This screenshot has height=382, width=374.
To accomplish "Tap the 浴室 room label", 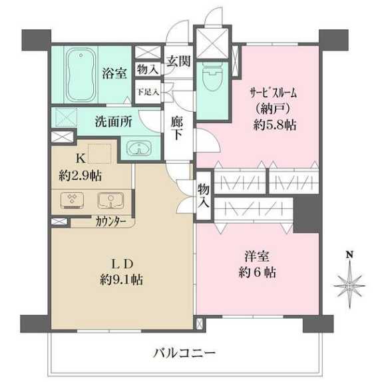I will coord(113,73).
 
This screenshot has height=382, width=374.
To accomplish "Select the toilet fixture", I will coord(212,79).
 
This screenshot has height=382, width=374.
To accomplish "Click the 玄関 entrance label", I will coord(178,62).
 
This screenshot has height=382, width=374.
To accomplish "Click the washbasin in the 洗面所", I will coord(138,148).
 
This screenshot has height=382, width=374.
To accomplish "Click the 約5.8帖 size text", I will coord(274,124).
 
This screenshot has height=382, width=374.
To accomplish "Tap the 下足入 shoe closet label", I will coord(147,92).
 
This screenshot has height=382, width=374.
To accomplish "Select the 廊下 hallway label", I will coord(177,128).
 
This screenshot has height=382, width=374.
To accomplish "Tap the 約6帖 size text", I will coord(256,272).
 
